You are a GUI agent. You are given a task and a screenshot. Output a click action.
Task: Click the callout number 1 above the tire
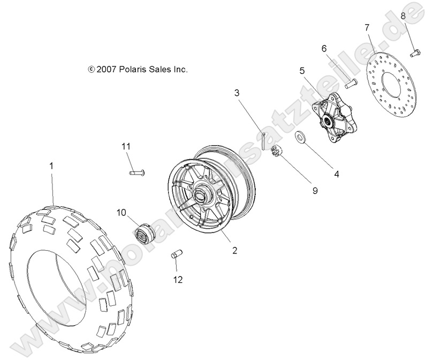(51, 167)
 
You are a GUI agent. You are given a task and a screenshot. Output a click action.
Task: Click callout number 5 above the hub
(302, 70)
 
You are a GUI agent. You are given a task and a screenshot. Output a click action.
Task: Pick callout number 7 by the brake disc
(367, 27)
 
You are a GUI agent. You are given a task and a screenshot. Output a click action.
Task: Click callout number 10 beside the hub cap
(121, 213)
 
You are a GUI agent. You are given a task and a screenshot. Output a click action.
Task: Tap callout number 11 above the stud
(125, 147)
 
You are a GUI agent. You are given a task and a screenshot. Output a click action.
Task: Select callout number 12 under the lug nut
(178, 279)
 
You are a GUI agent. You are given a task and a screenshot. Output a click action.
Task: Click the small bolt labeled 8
(415, 52)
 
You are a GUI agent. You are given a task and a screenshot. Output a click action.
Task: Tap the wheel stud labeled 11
(138, 172)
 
